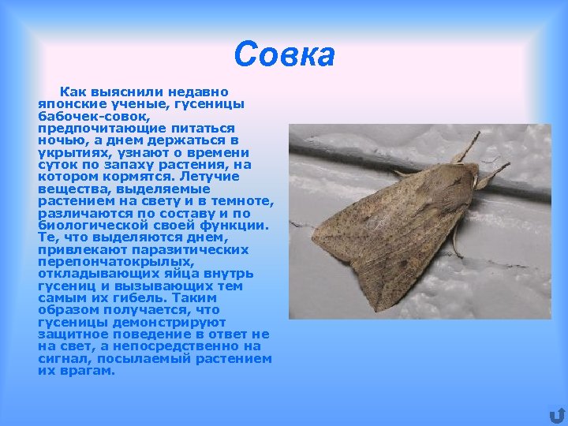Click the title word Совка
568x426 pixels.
click(x=284, y=55)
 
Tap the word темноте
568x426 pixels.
click(x=241, y=201)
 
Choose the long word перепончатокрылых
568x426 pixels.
click(x=115, y=262)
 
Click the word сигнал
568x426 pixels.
click(x=62, y=359)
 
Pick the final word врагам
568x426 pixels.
click(x=88, y=371)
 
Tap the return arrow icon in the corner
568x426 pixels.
click(x=557, y=415)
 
